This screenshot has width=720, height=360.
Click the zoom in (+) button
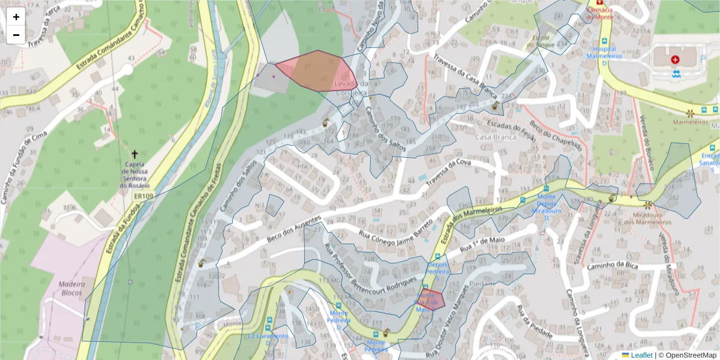pyautogui.click(x=16, y=17)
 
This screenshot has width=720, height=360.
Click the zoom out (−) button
pyautogui.click(x=16, y=35)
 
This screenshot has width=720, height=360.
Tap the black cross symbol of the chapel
pyautogui.click(x=134, y=154)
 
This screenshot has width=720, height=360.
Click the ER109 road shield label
pyautogui.click(x=142, y=196)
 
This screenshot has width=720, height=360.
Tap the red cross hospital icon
pyautogui.click(x=676, y=60)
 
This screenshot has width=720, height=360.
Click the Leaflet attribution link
pyautogui.click(x=641, y=355)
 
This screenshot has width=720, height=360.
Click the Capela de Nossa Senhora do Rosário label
pyautogui.click(x=134, y=175)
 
